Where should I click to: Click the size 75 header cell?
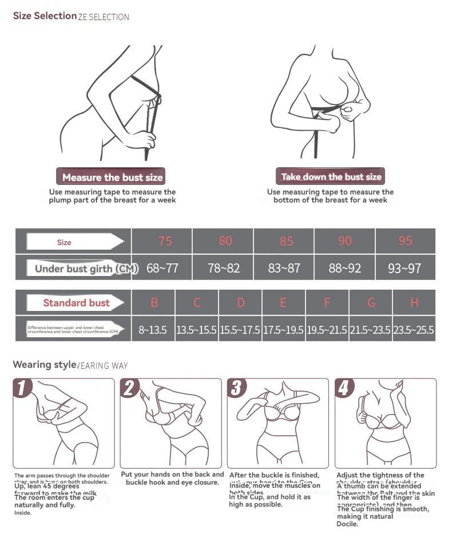coord(165,241)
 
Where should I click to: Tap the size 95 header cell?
coord(405,241)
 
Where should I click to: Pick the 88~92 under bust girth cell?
coord(344,267)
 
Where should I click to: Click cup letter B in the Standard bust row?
coord(154,302)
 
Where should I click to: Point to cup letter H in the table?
coord(414,302)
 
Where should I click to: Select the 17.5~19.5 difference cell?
coord(283,330)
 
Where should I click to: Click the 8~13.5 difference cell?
coord(153,330)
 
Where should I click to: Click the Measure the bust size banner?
coord(112,177)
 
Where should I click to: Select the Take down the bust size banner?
coord(331,176)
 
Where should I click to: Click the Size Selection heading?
coord(45,15)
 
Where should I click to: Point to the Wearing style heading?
coord(44,364)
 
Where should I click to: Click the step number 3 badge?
coord(236,388)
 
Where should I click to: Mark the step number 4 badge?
coord(343,388)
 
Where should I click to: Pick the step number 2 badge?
coord(129,388)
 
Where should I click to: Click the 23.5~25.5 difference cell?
coord(414,330)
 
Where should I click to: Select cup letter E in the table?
coord(283,302)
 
